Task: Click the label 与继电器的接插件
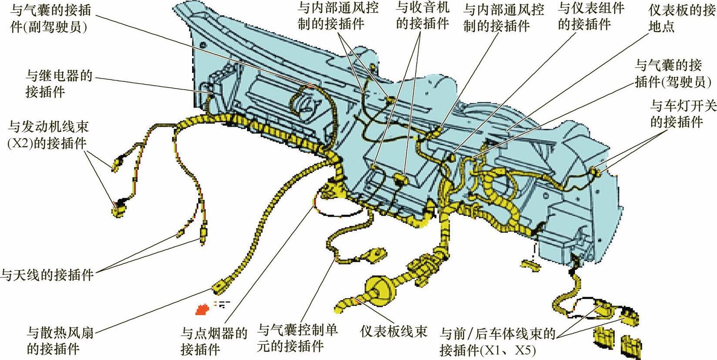pos(58,84)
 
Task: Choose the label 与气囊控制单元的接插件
pos(298,338)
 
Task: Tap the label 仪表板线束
pos(394,332)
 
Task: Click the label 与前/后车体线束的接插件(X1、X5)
pos(497,342)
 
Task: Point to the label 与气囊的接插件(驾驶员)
pos(673,73)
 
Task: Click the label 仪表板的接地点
pos(682,18)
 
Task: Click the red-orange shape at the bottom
pos(202,309)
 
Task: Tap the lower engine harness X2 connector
pos(117,210)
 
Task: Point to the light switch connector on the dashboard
pos(596,172)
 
